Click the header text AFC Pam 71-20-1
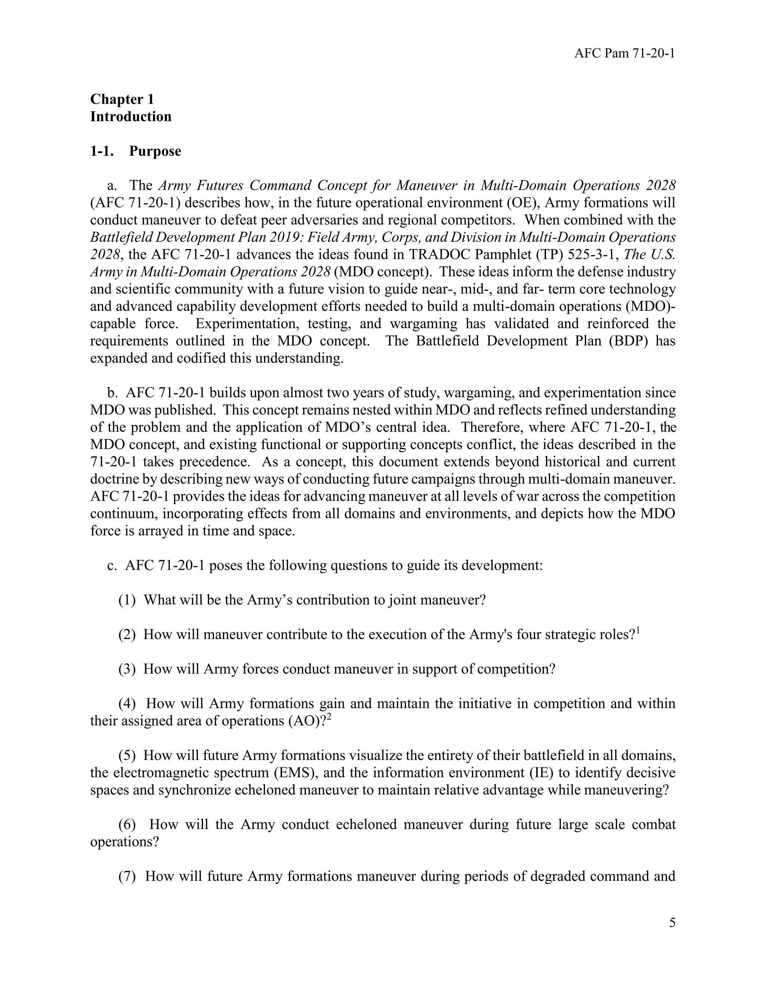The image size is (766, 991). pyautogui.click(x=624, y=53)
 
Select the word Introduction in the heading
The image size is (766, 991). pyautogui.click(x=131, y=117)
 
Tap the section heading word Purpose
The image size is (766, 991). pyautogui.click(x=155, y=151)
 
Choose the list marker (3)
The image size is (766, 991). pyautogui.click(x=127, y=669)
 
